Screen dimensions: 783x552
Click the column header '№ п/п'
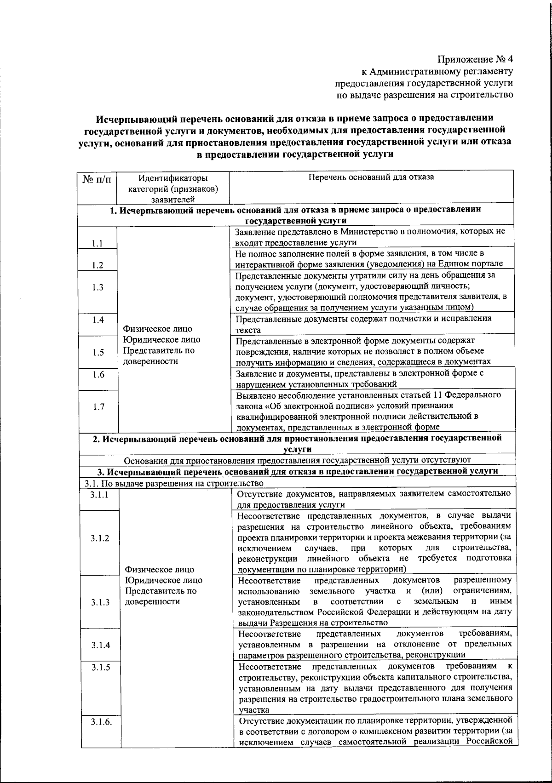click(97, 179)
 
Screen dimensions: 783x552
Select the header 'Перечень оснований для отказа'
click(371, 177)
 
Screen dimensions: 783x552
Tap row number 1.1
click(97, 243)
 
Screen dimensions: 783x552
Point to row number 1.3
click(97, 287)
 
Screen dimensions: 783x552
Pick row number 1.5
click(97, 352)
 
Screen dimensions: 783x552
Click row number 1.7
click(97, 406)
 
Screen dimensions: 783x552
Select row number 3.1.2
click(100, 538)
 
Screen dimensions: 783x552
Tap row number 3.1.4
click(100, 645)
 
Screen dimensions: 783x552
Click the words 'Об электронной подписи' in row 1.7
click(314, 406)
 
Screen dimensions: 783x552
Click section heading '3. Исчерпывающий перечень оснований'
click(297, 471)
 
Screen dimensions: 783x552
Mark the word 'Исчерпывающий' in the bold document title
click(130, 119)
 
